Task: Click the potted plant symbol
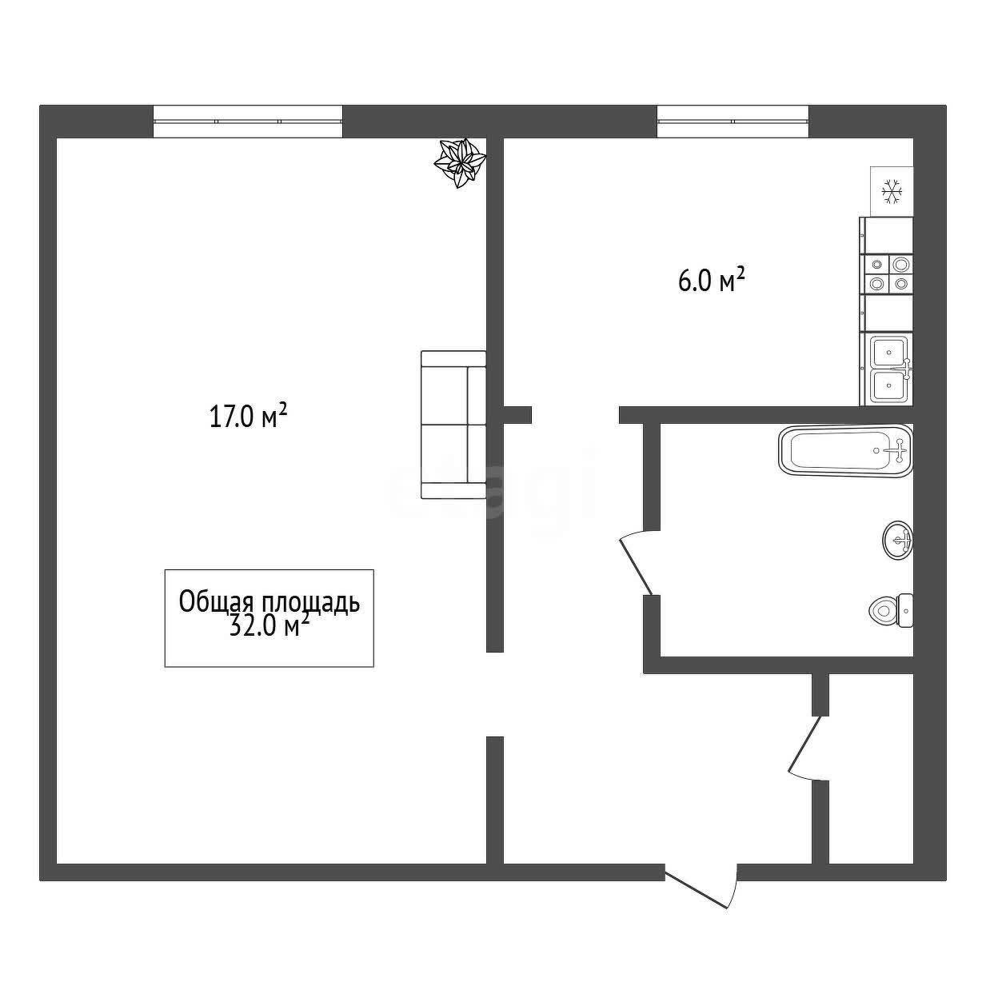pos(460,162)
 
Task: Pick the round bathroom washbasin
pos(898,541)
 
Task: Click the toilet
pos(891,610)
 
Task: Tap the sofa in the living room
pos(453,424)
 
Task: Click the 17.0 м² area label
pos(248,416)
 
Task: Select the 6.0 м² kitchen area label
pos(711,281)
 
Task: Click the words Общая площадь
pos(269,601)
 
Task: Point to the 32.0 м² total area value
pos(269,625)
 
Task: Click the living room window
pos(248,122)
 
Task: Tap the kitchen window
pos(733,122)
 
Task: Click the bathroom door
pos(636,563)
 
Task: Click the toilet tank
pos(906,610)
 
